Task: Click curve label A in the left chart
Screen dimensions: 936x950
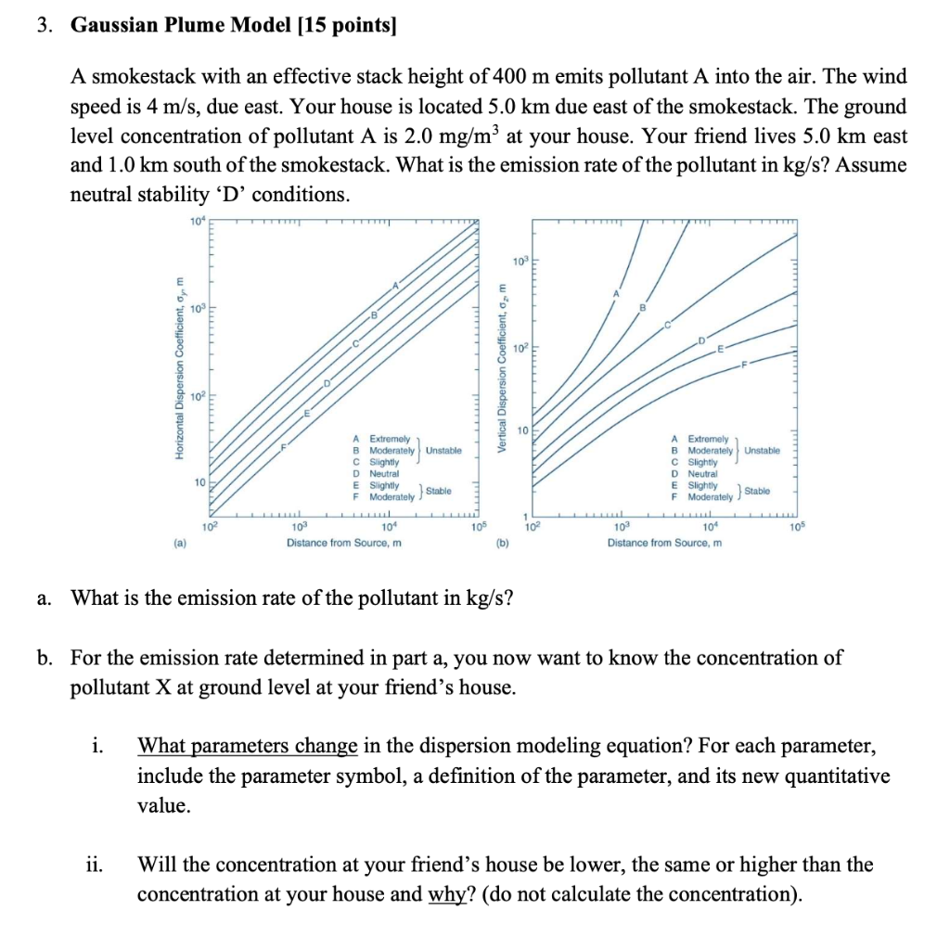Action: point(395,285)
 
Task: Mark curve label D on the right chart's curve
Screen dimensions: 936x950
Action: point(702,341)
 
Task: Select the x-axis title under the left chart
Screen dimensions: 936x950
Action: point(343,543)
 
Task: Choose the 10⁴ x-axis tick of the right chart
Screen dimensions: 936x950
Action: point(709,528)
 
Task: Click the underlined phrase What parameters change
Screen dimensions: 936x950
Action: point(248,746)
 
